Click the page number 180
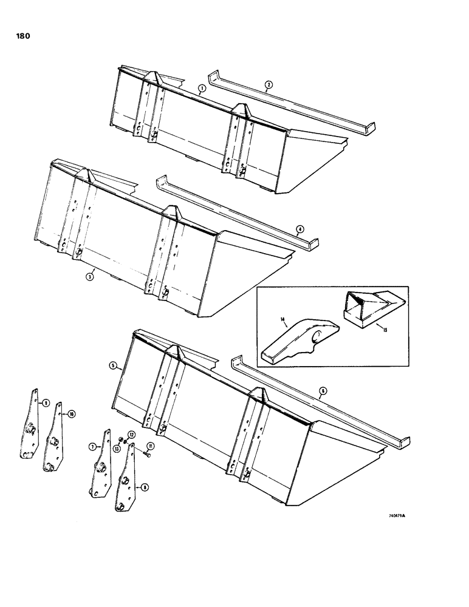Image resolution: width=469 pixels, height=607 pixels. click(x=17, y=36)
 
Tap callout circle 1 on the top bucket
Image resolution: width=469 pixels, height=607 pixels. click(x=200, y=89)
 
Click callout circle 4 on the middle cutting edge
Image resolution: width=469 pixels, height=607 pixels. click(x=299, y=229)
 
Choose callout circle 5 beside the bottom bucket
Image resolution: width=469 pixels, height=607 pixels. click(x=113, y=366)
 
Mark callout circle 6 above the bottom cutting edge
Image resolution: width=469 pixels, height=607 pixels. click(x=322, y=391)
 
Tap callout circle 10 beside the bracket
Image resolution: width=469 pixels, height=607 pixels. click(x=72, y=414)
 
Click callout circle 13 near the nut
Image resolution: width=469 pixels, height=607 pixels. click(x=115, y=448)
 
